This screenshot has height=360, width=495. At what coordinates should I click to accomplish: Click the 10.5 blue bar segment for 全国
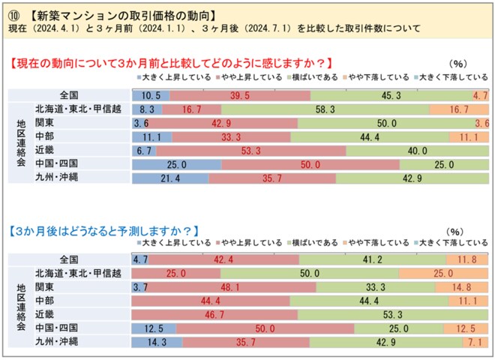(150, 95)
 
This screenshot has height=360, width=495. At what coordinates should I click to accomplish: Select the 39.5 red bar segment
(239, 95)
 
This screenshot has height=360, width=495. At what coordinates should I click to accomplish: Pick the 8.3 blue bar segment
(146, 109)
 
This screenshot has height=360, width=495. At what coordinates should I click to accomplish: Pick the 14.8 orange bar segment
(462, 287)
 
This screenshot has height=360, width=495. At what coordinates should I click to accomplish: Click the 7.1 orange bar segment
(475, 342)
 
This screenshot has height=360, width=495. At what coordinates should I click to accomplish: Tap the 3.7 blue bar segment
(139, 287)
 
